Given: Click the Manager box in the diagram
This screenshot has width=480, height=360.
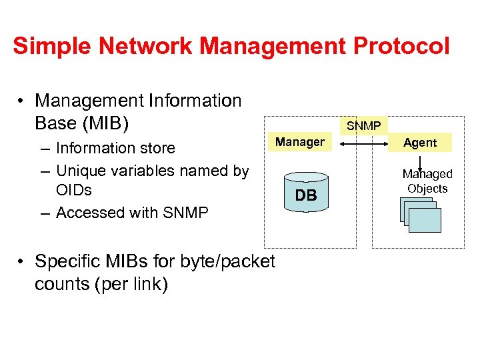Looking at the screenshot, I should click(299, 142).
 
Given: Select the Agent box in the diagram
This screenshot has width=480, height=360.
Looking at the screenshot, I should click(420, 143).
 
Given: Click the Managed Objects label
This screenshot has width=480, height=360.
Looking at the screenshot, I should click(427, 181).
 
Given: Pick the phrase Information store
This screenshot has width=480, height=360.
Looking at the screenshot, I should click(115, 148).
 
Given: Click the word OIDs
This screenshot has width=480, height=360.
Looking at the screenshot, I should click(74, 191).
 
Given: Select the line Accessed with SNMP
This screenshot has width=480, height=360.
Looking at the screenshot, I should click(132, 213).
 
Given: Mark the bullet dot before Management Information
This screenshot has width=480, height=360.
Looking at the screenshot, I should click(23, 101).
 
